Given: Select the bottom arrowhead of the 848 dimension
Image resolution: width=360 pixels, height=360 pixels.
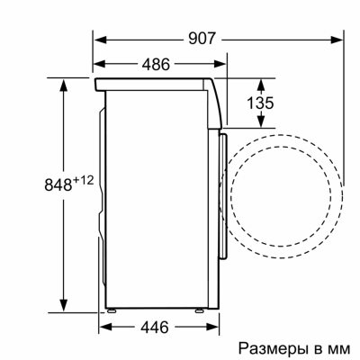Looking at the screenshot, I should (65, 306).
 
